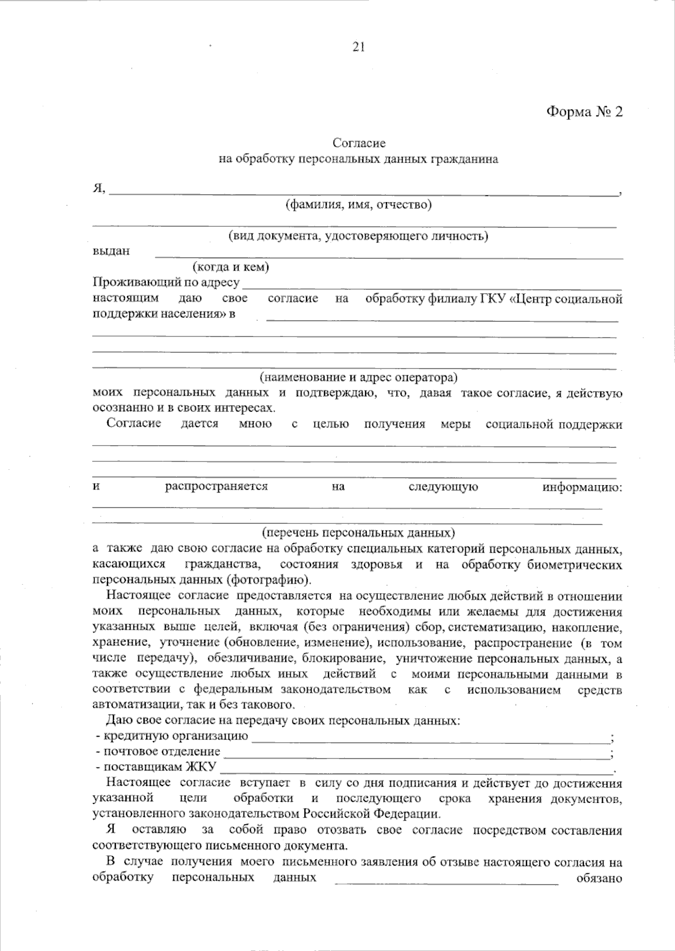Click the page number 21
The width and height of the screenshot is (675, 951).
coord(359,47)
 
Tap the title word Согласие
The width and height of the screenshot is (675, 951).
coord(359,144)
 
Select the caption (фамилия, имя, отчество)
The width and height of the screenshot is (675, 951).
coord(358,205)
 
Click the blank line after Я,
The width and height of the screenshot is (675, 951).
coord(363,191)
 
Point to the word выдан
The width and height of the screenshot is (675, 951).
coord(111,251)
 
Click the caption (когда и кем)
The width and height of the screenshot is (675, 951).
coord(231,267)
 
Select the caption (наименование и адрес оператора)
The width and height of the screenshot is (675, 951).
coord(358,376)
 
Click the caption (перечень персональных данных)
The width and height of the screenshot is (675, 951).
coord(358,532)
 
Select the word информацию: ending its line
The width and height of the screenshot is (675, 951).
coord(582,487)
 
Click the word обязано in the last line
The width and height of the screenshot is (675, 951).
coord(599,878)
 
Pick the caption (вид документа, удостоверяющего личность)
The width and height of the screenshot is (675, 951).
coord(358,236)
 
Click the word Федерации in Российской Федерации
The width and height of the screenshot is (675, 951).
coord(411,814)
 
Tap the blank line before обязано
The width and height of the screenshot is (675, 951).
coord(447,881)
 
